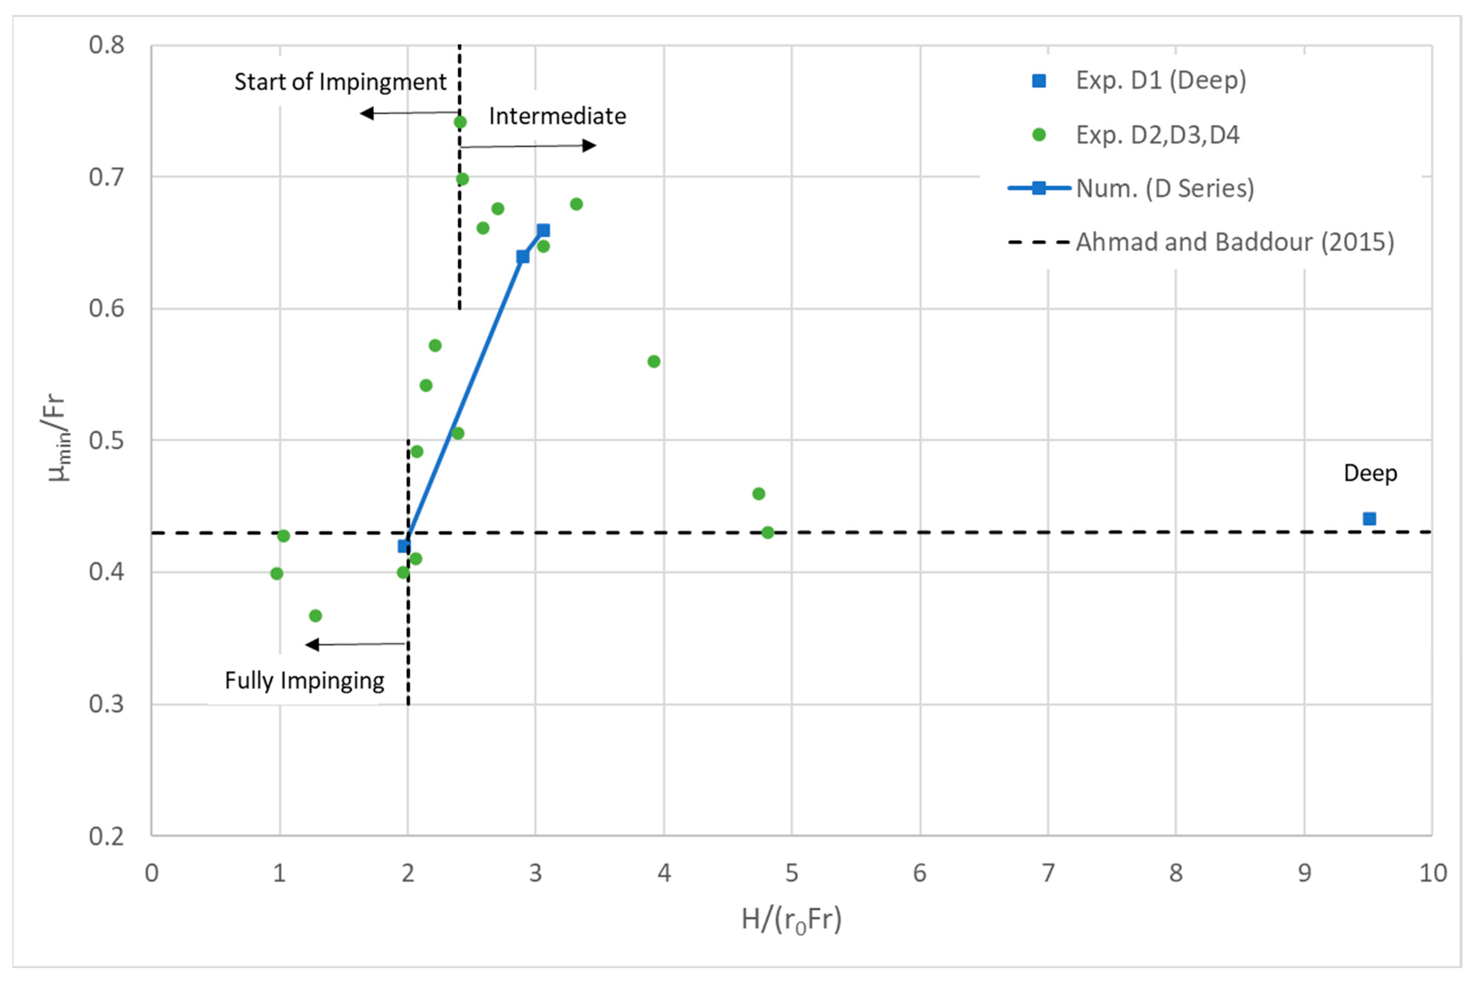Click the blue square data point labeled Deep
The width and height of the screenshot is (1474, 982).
coord(1369,518)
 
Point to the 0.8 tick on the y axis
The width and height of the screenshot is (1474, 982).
coord(106,45)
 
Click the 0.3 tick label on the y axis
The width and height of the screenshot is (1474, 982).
coord(106,704)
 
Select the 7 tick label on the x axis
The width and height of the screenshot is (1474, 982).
coord(1048,873)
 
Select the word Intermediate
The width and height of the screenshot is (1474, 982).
coord(557,116)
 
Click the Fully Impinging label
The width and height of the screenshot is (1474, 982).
coord(304,681)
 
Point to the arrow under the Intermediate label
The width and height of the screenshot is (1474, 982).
coord(529,146)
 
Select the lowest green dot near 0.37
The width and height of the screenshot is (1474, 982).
coord(316,616)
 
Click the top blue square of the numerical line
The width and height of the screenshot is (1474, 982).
coord(543,230)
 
